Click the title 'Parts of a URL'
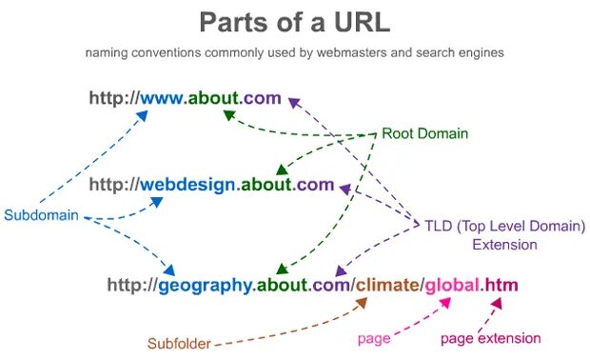coord(294,22)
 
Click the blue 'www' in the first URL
coord(164,97)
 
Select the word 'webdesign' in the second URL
coord(187,185)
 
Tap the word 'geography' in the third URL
coord(206,285)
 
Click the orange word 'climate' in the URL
coord(388,285)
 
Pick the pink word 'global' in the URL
coord(452,285)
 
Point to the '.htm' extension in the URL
coord(501,285)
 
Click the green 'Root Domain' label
coord(424,133)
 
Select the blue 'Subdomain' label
coord(41,215)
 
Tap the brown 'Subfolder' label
coord(178,343)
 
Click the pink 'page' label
coord(374,338)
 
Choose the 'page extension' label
coord(490,338)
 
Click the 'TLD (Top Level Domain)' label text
coord(503,226)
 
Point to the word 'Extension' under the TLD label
coord(504,245)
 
